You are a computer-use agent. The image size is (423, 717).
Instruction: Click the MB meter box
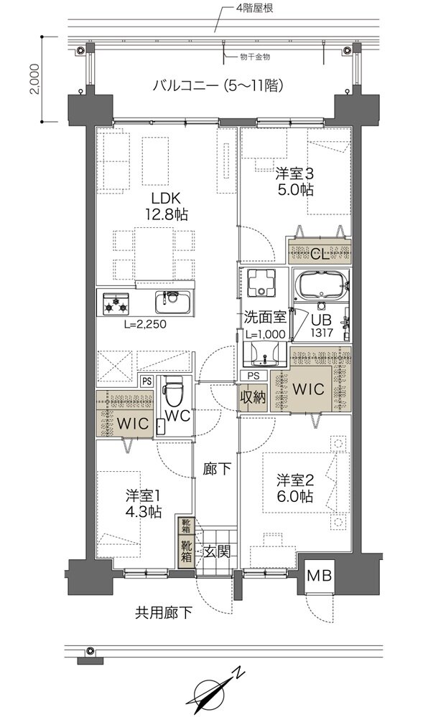tap(319, 575)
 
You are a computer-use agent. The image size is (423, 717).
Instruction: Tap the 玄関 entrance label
tap(217, 551)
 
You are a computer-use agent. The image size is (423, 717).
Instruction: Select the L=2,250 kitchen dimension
tap(144, 325)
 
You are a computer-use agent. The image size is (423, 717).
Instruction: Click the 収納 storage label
tap(253, 397)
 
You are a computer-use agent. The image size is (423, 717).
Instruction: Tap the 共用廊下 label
tap(164, 612)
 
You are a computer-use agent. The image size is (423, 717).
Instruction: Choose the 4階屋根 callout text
tap(254, 8)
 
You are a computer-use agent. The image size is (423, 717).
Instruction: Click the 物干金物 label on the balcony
tap(255, 57)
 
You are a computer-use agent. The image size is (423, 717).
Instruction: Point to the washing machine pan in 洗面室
tap(261, 282)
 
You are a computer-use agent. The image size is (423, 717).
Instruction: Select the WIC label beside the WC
tap(133, 424)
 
